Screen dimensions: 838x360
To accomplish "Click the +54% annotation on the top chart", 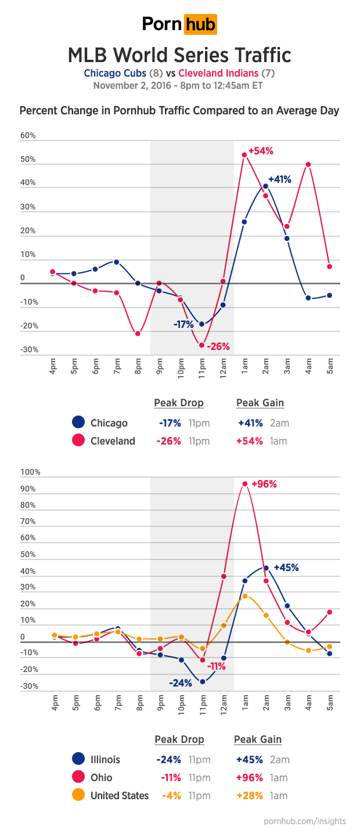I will click(261, 151).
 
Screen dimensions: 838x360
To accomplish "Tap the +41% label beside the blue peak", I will click(279, 179).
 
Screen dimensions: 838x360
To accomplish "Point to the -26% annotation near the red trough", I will click(218, 347).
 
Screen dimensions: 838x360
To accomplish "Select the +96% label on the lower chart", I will click(264, 484).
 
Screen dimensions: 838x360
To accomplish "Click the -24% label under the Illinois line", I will click(180, 683).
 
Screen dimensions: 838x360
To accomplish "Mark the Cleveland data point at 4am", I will click(308, 164).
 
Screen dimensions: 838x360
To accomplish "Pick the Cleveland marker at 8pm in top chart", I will click(138, 334).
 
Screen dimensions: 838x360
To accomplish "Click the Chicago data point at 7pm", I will click(116, 262).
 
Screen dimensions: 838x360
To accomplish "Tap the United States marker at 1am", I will click(244, 596).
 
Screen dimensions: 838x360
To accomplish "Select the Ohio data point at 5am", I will click(330, 612).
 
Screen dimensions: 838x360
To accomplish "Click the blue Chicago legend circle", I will click(78, 423).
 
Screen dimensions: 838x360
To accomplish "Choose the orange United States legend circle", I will click(78, 796).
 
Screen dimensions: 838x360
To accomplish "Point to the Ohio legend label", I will click(102, 778).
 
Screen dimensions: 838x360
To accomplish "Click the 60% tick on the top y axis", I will click(28, 136).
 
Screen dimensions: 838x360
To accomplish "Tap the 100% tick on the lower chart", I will click(30, 472).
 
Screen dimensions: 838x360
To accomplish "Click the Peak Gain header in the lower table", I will click(258, 739).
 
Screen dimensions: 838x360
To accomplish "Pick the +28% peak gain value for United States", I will click(249, 796).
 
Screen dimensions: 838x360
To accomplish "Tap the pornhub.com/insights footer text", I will click(304, 821).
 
